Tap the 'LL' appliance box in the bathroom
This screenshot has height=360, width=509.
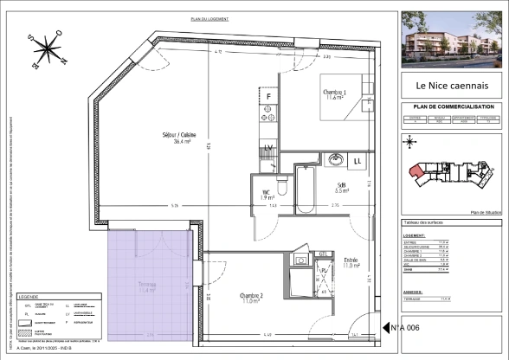pos(358,161)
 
